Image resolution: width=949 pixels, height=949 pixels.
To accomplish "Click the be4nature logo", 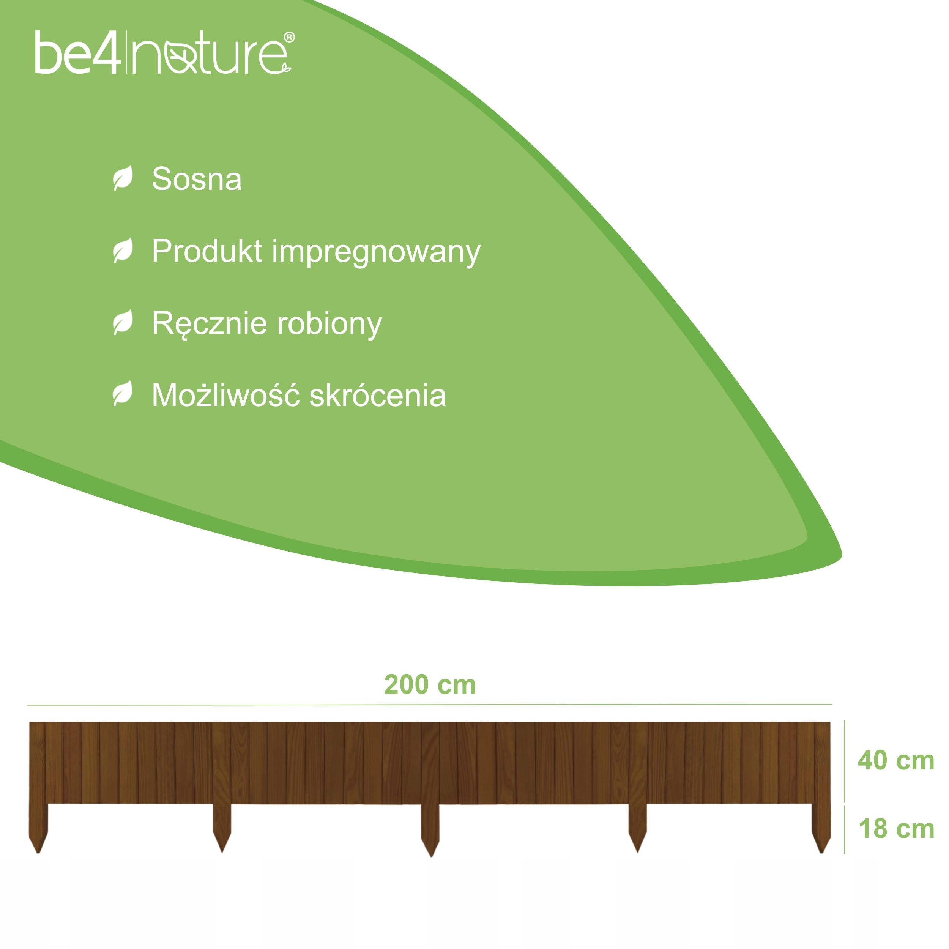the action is (x=164, y=53).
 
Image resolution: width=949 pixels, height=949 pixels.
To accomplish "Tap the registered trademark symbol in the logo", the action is (x=289, y=37).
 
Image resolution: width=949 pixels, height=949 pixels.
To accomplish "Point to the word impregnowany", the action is (x=376, y=253).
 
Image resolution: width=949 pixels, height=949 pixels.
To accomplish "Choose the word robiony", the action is (x=329, y=324).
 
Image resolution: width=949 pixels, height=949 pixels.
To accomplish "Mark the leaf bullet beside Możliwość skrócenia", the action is (x=123, y=393).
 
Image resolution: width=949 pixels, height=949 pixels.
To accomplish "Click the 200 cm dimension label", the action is (x=430, y=685).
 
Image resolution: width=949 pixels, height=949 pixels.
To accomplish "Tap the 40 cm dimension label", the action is (x=896, y=760).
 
